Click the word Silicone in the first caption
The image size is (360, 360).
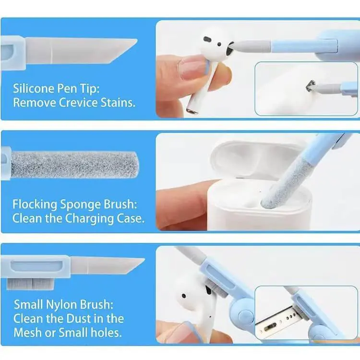(31, 88)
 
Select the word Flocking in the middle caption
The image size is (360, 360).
(33, 204)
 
